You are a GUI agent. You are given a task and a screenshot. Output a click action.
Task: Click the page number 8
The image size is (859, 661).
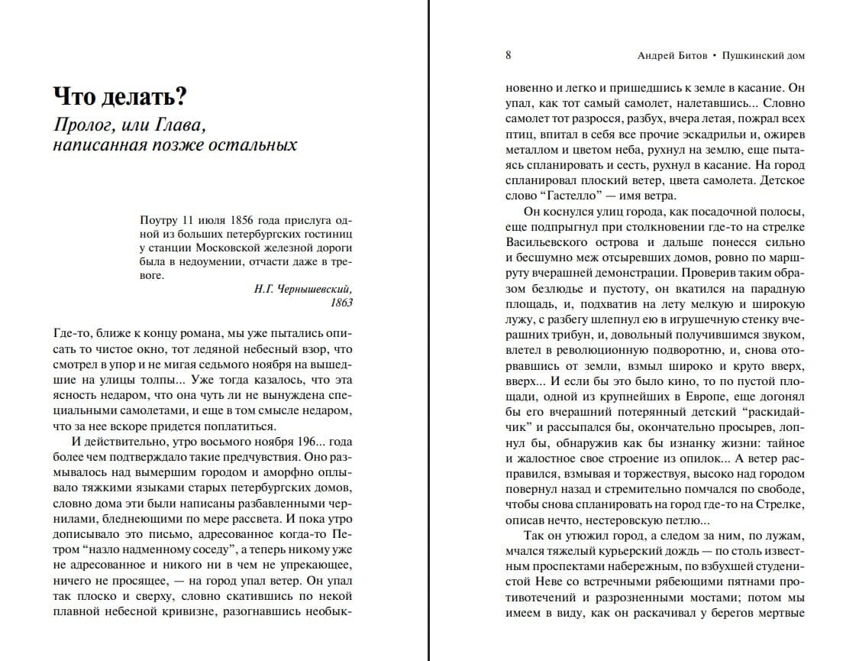[509, 56]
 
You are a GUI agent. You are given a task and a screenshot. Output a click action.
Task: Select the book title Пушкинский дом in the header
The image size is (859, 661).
[762, 56]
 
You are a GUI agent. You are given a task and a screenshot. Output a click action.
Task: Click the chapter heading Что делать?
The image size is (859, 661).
[120, 97]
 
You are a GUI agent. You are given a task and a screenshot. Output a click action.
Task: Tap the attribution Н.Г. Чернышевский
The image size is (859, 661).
[302, 289]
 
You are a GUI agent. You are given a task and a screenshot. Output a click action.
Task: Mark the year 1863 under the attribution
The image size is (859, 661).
[341, 303]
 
